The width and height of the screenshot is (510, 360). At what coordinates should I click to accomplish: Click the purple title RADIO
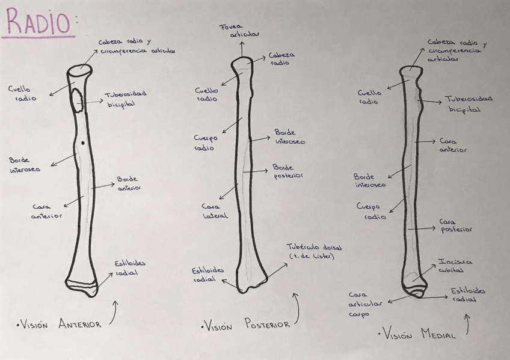[37, 23]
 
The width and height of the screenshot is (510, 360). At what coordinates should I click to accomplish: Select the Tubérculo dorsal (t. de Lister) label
[310, 252]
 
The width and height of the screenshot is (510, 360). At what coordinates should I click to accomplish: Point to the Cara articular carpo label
[365, 304]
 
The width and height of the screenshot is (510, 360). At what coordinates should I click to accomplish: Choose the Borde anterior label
[127, 183]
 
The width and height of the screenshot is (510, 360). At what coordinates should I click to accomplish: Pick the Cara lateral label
[215, 211]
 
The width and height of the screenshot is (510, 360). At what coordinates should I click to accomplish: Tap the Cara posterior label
[455, 225]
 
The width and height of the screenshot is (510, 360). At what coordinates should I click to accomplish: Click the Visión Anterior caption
[60, 325]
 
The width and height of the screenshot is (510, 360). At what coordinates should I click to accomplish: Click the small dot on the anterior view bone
[82, 142]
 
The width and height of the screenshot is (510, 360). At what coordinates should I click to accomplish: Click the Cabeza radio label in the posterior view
[281, 58]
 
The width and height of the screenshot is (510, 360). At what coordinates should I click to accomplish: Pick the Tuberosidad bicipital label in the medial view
[467, 104]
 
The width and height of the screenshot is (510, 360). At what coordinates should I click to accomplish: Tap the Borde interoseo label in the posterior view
[289, 136]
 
